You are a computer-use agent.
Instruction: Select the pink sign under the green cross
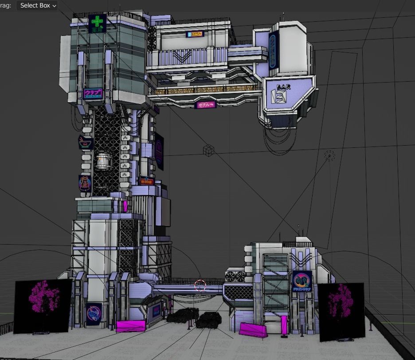[x=93, y=94]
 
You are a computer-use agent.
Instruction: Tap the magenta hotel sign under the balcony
[x=205, y=105]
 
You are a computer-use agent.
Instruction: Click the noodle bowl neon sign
[x=85, y=142]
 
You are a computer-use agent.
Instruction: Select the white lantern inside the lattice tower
[x=103, y=161]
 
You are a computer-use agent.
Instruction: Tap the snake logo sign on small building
[x=301, y=281]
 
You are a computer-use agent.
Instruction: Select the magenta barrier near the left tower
[x=130, y=326]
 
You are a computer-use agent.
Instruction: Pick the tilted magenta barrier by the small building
[x=253, y=330]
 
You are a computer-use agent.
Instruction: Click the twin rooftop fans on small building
[x=235, y=276]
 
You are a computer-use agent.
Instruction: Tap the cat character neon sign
[x=84, y=183]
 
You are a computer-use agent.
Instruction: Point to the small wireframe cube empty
[x=208, y=151]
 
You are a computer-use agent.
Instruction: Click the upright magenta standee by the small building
[x=284, y=324]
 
